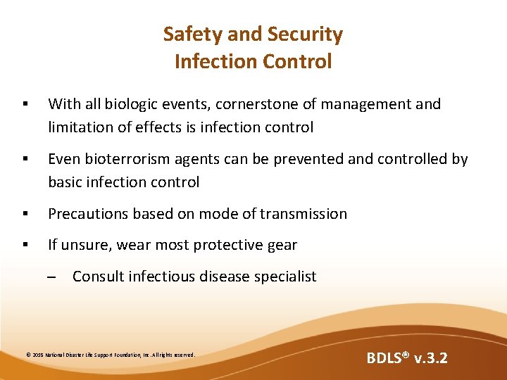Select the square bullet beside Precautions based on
pyautogui.click(x=25, y=214)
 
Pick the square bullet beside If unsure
pyautogui.click(x=25, y=246)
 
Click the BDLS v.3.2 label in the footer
pyautogui.click(x=406, y=359)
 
